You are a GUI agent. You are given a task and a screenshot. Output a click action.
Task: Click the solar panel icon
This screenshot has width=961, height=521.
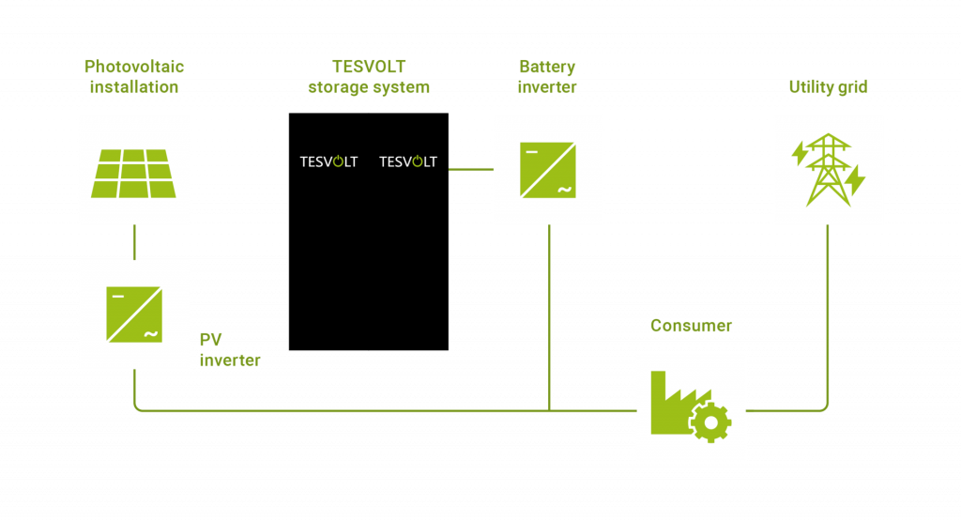click(133, 173)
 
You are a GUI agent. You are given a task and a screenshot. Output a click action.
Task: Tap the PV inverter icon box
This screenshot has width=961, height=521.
click(133, 314)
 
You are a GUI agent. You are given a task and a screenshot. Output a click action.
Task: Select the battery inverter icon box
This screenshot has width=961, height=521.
click(547, 170)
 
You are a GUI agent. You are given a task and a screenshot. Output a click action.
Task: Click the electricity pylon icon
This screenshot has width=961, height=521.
click(828, 170)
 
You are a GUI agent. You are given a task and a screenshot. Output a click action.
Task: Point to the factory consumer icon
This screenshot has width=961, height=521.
click(691, 407)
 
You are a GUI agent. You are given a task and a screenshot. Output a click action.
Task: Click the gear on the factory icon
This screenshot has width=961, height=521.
click(710, 423)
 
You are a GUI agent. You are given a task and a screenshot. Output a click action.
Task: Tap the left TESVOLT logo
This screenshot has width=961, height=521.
click(328, 161)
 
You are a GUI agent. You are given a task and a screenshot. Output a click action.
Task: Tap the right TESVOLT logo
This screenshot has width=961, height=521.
click(408, 161)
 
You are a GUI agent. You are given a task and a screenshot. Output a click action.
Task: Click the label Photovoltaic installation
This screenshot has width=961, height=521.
click(134, 77)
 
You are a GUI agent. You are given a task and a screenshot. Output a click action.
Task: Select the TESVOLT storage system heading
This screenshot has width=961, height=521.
click(369, 77)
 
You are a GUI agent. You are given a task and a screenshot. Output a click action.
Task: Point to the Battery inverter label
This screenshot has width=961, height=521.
click(547, 77)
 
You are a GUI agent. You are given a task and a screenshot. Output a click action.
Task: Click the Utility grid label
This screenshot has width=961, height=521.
click(828, 87)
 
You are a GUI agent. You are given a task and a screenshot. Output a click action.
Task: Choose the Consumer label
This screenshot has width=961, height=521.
click(691, 326)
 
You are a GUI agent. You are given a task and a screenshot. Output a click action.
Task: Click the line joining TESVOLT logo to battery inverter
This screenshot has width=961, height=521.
click(470, 169)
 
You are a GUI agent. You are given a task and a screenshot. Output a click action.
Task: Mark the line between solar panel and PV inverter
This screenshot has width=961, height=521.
click(134, 242)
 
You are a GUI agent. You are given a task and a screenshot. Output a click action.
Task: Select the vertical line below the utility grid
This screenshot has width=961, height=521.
click(828, 310)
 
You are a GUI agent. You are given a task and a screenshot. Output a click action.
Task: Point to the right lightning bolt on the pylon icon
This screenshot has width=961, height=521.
click(855, 178)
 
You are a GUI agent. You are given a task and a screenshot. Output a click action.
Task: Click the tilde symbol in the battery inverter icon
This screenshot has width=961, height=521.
click(565, 191)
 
